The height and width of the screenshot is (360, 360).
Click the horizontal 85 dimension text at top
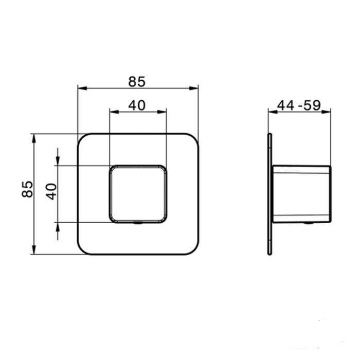137,81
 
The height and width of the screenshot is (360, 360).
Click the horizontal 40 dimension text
137,105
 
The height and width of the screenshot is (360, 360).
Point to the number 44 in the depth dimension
285,105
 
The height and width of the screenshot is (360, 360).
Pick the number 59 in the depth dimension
312,105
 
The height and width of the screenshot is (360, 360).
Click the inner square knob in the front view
138,194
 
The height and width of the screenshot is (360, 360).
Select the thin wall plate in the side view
269,194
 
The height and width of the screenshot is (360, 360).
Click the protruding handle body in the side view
301,194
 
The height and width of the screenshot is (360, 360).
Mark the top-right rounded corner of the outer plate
193,139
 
